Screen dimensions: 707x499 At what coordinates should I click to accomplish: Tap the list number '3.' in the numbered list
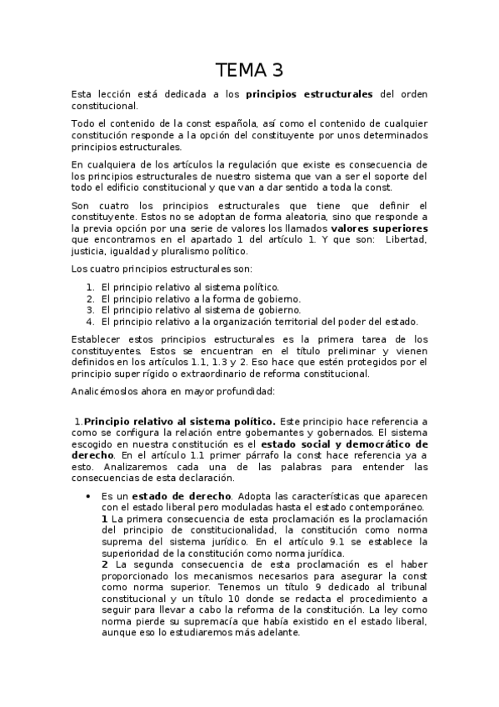pyautogui.click(x=90, y=309)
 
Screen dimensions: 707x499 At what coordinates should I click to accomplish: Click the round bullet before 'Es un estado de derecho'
pyautogui.click(x=89, y=496)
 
